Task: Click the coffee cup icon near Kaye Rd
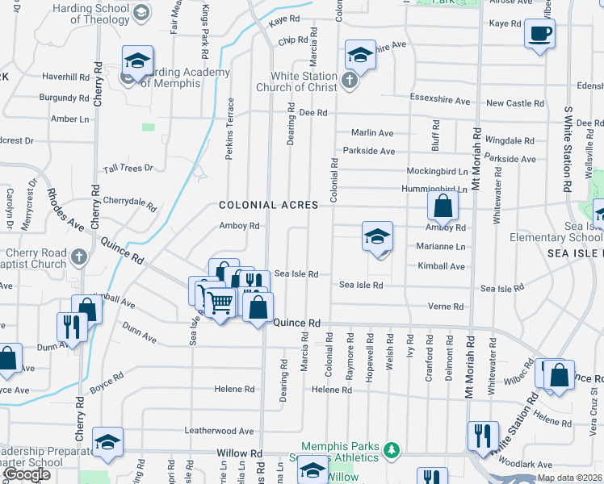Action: click(x=539, y=34)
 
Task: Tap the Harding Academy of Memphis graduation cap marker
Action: click(x=137, y=60)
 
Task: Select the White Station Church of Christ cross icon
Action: click(x=348, y=79)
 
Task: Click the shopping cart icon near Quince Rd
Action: click(x=220, y=302)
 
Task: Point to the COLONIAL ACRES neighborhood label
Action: click(x=268, y=206)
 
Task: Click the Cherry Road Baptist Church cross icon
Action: click(x=78, y=257)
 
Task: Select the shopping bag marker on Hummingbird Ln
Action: click(x=443, y=206)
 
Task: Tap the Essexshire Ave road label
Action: click(x=439, y=102)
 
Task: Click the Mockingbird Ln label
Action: click(x=437, y=172)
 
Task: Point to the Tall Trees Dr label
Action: click(x=128, y=168)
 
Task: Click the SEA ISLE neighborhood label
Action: click(x=570, y=253)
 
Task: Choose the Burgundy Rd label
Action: click(x=64, y=98)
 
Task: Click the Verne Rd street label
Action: click(x=446, y=307)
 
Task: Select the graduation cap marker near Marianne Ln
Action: click(x=377, y=237)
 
